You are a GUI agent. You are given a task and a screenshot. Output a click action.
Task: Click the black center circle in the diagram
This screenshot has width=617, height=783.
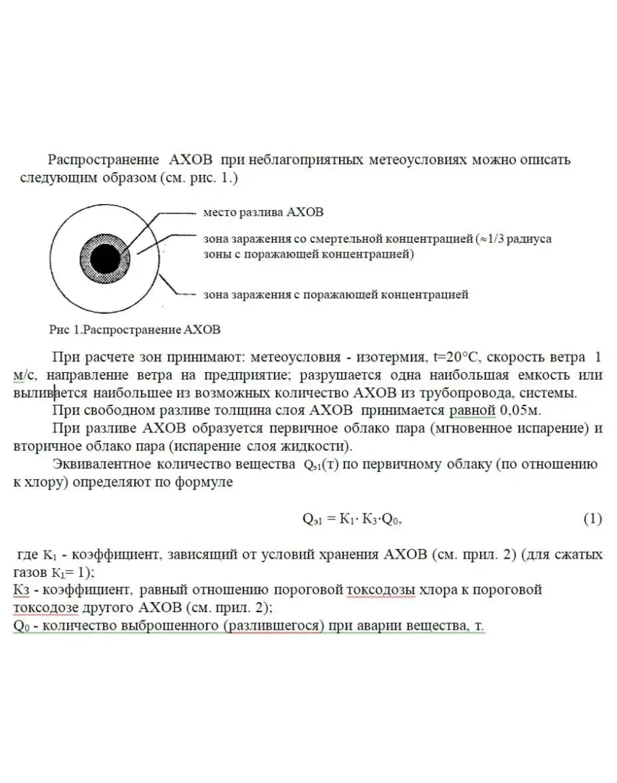click(106, 258)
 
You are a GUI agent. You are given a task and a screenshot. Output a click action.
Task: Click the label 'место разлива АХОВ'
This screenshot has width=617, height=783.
click(263, 212)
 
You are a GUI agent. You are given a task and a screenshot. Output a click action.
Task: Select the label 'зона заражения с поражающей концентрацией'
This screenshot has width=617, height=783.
click(336, 294)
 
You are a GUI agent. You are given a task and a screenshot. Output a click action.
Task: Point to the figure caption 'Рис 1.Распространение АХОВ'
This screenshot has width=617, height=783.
click(135, 330)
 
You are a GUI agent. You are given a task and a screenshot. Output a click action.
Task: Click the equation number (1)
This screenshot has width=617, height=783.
click(593, 519)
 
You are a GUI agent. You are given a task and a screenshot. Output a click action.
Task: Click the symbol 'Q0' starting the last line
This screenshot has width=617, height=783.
click(20, 625)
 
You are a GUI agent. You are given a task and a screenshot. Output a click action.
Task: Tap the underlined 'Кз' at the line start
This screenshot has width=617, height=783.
click(21, 590)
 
